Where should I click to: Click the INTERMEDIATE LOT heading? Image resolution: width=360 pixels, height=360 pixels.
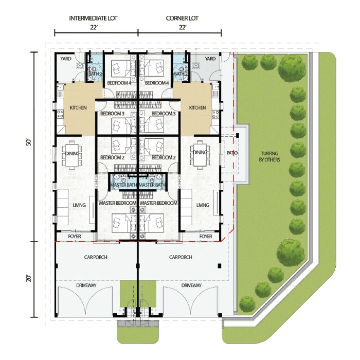coord(93,18)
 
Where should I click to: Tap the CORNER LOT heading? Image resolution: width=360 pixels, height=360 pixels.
coord(182,18)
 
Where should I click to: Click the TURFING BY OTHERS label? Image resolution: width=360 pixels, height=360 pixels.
coord(269,156)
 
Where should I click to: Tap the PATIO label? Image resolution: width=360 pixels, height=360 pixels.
coord(232,153)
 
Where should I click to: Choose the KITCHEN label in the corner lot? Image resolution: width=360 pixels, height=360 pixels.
coord(197,107)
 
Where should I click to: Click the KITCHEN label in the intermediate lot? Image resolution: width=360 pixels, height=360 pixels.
coord(78,107)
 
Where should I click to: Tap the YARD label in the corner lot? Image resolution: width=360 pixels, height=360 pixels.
coord(210,59)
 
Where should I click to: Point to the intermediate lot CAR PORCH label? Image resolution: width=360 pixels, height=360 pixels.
coord(96,257)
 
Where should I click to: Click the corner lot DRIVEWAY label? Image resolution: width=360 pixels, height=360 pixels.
coord(191,285)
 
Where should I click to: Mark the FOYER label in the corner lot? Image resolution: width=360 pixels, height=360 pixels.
coord(206,236)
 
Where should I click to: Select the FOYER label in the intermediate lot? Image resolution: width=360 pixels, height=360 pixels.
coord(75,236)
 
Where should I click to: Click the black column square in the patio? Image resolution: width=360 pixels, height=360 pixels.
coord(238,135)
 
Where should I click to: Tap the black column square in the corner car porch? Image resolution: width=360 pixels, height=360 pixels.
coord(220,266)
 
